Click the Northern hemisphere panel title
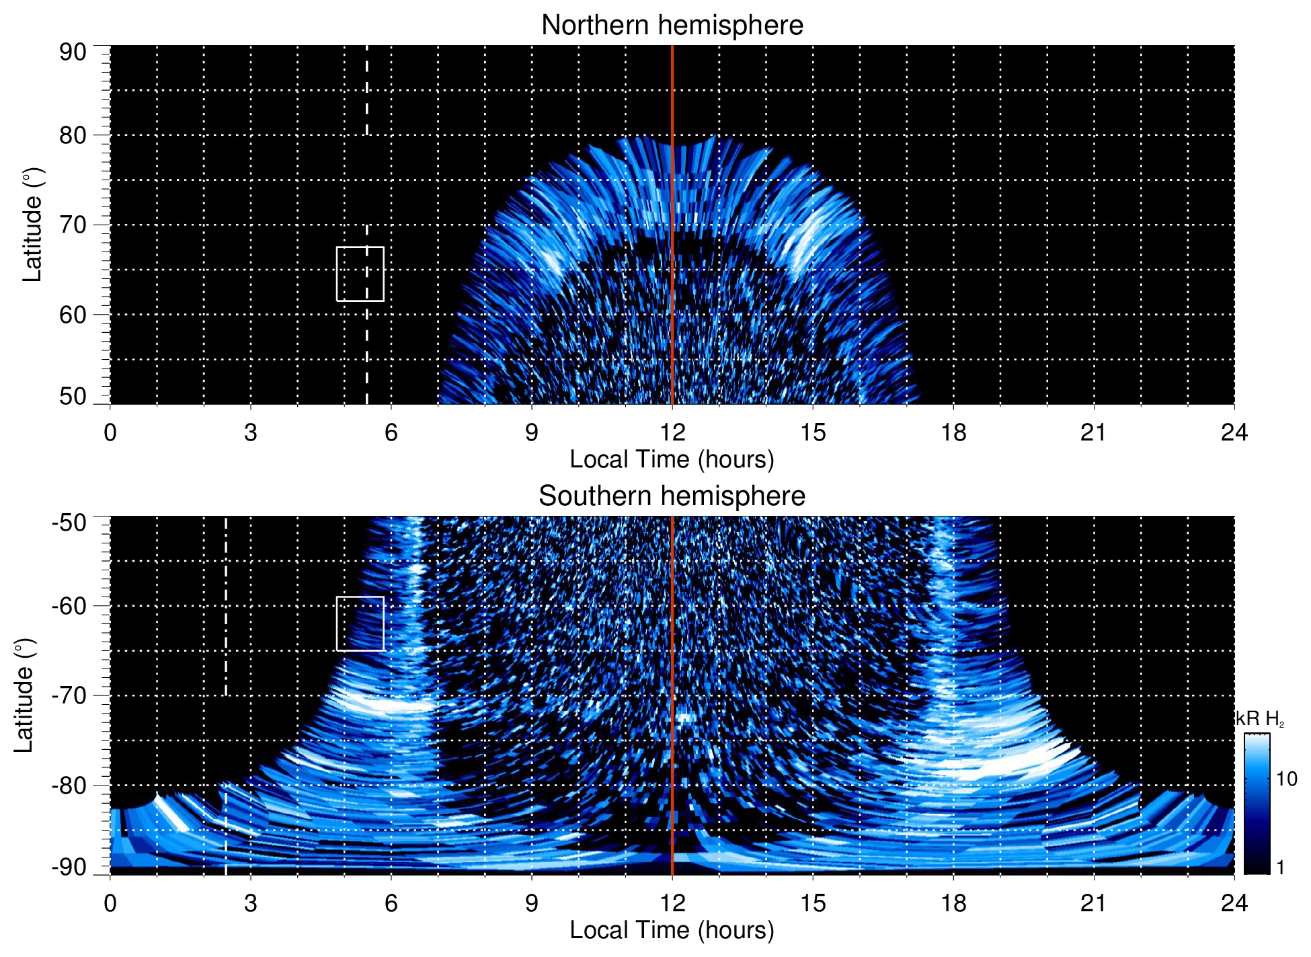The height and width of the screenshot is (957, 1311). click(x=672, y=26)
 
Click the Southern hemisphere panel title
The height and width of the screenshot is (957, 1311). click(x=672, y=496)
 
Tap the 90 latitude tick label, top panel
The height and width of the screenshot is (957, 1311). click(x=73, y=52)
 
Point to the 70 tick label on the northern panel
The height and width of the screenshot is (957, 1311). click(x=73, y=225)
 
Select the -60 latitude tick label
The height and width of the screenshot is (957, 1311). click(x=69, y=605)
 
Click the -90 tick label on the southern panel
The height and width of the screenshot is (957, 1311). click(x=69, y=867)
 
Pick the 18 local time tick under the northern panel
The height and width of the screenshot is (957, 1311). click(x=953, y=432)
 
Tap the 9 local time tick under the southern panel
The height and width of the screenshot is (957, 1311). click(x=532, y=903)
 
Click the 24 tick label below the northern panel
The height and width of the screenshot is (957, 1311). click(x=1234, y=432)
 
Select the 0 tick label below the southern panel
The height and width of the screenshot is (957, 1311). click(x=110, y=903)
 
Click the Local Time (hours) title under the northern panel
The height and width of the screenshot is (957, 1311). click(x=672, y=460)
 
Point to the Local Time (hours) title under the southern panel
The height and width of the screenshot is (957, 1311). click(x=672, y=931)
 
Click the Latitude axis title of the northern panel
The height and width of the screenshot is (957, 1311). click(x=32, y=225)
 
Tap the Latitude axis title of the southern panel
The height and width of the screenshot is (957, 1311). click(x=24, y=695)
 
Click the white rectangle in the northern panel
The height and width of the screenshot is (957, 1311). click(x=360, y=274)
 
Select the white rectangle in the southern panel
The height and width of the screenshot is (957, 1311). click(x=360, y=623)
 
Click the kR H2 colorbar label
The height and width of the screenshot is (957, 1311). click(x=1260, y=719)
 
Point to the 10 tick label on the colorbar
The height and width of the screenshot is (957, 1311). click(x=1286, y=779)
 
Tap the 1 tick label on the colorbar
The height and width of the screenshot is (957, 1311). click(x=1280, y=868)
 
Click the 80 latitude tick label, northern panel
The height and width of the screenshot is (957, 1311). click(x=73, y=135)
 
